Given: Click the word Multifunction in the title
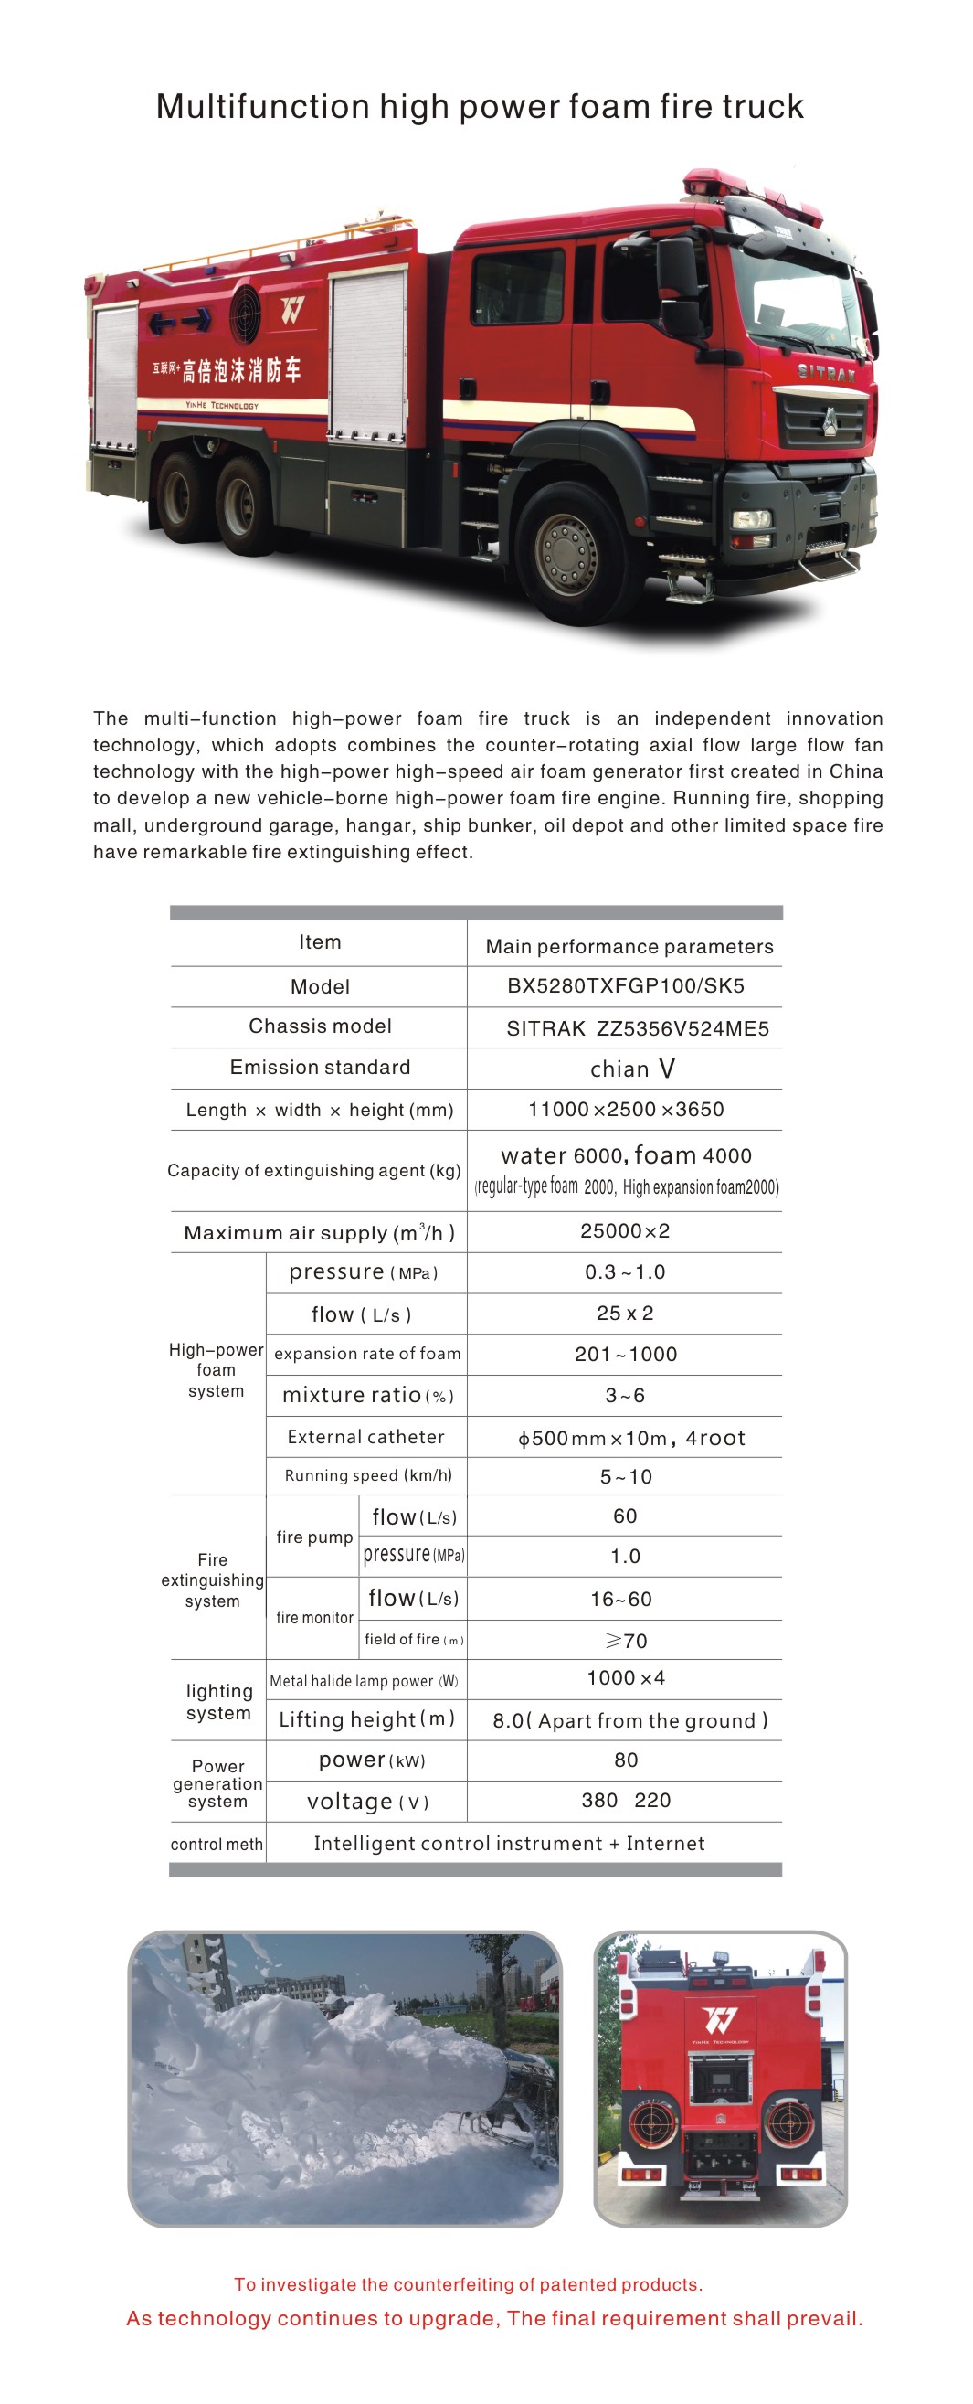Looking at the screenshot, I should [x=262, y=106].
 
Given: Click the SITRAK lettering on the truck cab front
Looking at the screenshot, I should [x=827, y=373].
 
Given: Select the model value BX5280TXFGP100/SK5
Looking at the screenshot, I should [x=625, y=985].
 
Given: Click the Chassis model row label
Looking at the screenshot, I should [x=319, y=1026].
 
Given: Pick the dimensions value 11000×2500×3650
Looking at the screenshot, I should [x=625, y=1109].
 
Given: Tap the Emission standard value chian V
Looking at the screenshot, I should [x=631, y=1069].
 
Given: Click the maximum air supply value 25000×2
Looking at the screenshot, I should [x=624, y=1230].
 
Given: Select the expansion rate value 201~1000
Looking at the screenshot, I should [x=625, y=1354].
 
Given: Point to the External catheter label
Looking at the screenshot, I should [x=365, y=1436].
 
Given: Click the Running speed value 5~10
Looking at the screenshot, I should [x=625, y=1476].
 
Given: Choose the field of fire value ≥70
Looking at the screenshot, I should [x=625, y=1640].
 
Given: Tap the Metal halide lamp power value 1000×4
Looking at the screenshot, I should [x=625, y=1678].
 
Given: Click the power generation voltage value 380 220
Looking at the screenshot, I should [x=625, y=1800].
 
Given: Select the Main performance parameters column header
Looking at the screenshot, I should [x=629, y=946].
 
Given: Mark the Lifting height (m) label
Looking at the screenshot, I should [x=365, y=1719].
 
